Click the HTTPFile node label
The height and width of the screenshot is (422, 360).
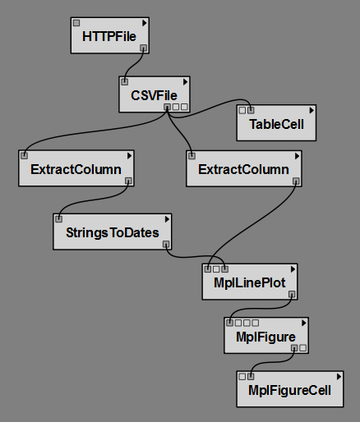(x=109, y=36)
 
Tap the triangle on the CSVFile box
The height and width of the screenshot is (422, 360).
(x=186, y=82)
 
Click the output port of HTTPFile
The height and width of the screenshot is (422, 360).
(x=143, y=48)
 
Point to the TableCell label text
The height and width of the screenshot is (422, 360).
(x=276, y=124)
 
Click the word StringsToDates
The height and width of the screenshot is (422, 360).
(x=113, y=232)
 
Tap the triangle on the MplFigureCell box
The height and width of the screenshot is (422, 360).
(x=339, y=377)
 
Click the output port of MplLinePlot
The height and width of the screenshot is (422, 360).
(x=292, y=294)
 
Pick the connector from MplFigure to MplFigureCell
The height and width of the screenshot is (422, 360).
(x=271, y=363)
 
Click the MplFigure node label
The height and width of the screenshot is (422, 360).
(x=265, y=337)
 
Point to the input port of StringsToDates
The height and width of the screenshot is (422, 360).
(x=58, y=219)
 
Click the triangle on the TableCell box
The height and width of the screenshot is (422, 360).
(x=312, y=110)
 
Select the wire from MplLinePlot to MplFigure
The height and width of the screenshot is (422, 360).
(x=261, y=309)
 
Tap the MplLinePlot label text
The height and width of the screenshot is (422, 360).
(x=250, y=283)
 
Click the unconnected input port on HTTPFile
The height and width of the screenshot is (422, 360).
(x=76, y=23)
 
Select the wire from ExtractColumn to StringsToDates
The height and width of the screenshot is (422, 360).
(x=93, y=200)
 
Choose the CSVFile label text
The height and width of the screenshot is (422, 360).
(x=154, y=95)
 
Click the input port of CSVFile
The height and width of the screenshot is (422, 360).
(x=125, y=81)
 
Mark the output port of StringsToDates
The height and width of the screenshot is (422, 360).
(x=166, y=244)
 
